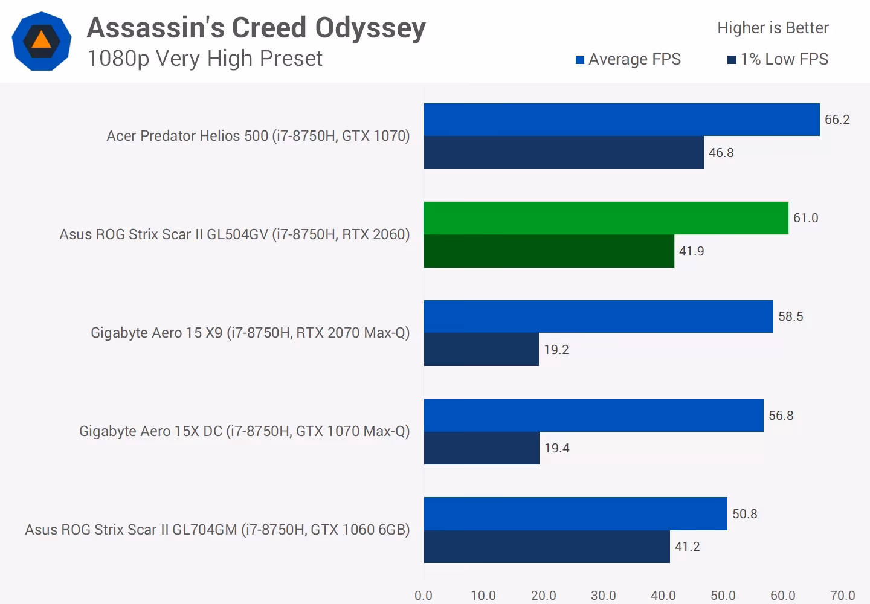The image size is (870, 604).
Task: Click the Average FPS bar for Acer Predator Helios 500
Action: click(622, 120)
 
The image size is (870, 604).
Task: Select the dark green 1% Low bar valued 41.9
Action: click(549, 251)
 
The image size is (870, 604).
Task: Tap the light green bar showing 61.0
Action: click(606, 218)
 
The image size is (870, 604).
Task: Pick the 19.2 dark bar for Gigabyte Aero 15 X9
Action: click(481, 350)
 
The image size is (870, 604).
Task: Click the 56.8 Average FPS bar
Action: click(593, 416)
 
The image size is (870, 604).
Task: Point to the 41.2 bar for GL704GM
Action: click(547, 547)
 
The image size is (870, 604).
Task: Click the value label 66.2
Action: click(837, 120)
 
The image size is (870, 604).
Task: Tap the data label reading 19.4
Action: click(556, 448)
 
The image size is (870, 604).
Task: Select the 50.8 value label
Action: click(744, 514)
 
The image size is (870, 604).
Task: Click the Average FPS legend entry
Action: click(628, 59)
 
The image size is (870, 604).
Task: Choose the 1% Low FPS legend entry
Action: click(778, 59)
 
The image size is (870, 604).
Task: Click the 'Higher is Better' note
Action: click(773, 28)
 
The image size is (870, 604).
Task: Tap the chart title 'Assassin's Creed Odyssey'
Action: click(256, 28)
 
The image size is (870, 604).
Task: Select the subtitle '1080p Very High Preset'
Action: click(205, 59)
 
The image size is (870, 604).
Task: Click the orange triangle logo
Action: click(42, 40)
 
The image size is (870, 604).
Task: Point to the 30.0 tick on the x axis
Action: click(603, 596)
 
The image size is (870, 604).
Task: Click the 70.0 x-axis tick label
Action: click(842, 596)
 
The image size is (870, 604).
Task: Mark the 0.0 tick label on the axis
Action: click(424, 596)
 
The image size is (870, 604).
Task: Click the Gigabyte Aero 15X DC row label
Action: click(244, 431)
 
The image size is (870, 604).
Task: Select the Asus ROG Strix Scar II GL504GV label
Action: click(234, 234)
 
